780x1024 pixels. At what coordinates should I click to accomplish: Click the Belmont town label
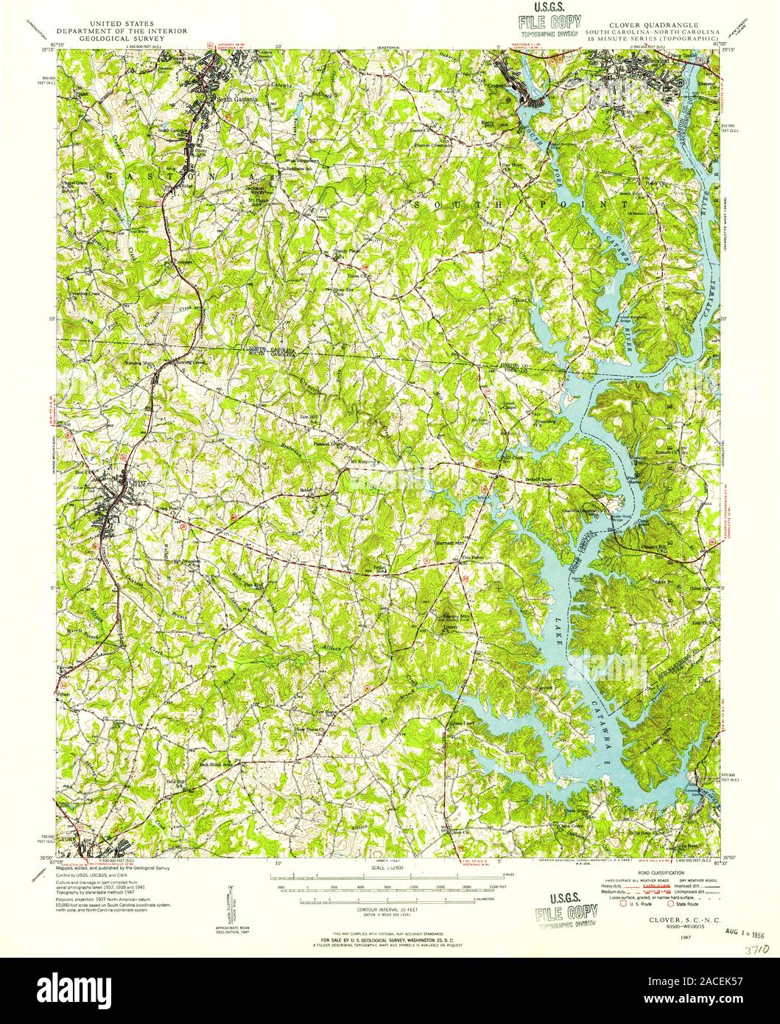click(637, 62)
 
